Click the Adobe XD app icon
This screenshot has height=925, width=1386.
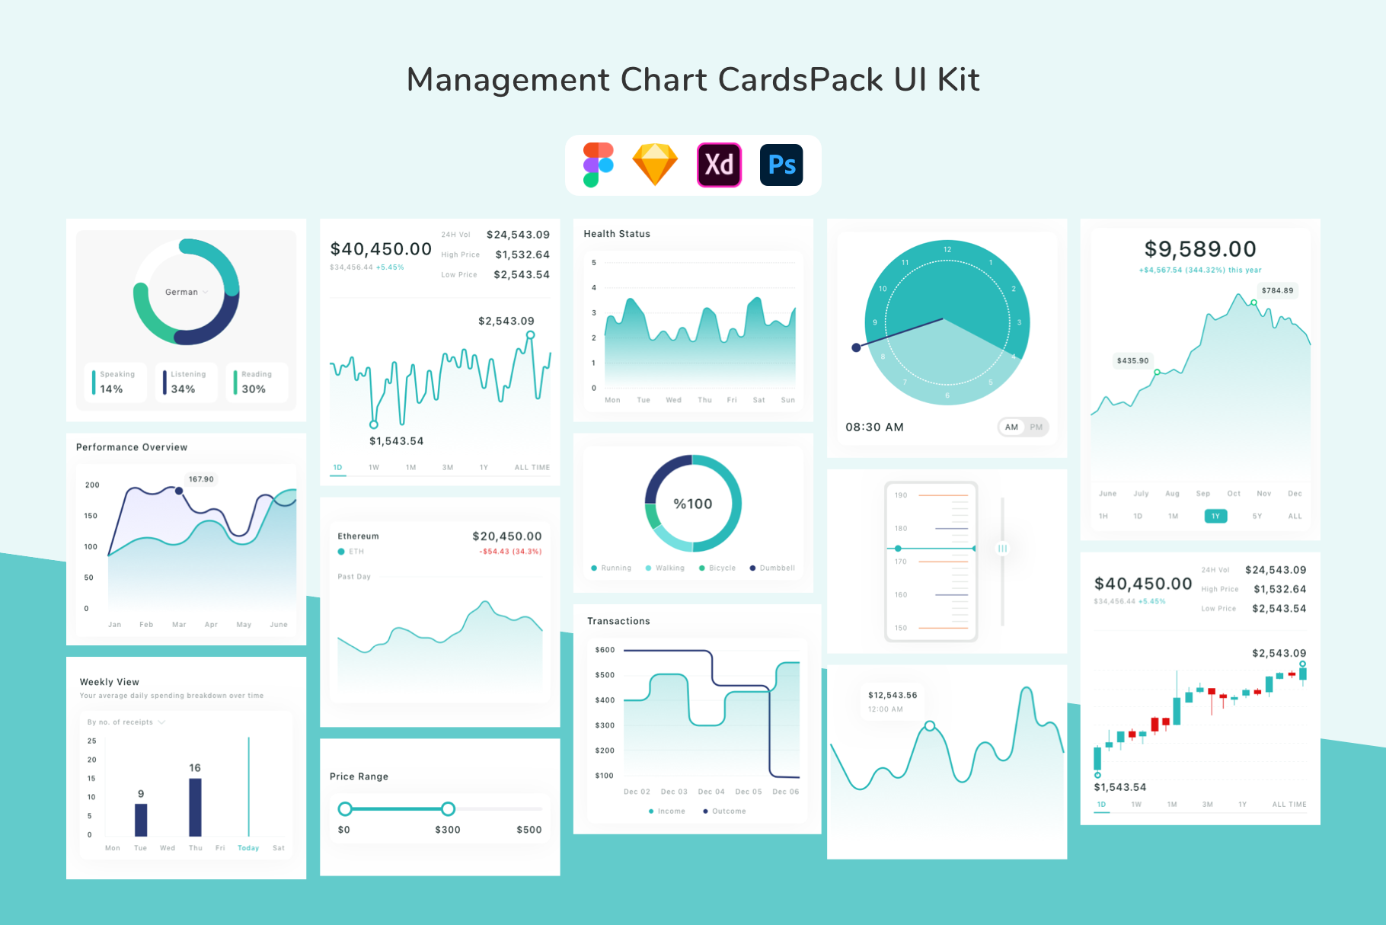coord(719,165)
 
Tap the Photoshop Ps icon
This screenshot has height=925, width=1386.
coord(781,165)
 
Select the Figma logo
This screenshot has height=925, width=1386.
coord(598,165)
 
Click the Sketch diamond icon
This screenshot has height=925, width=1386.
coord(655,165)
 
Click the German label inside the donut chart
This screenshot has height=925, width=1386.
coord(181,292)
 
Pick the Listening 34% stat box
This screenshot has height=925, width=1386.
coord(187,382)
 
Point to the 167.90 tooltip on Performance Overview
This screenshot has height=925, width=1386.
coord(201,479)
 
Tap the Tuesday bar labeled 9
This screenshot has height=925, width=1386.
coord(141,819)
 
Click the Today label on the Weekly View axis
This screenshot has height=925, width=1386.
coord(248,848)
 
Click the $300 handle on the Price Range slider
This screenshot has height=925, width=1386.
coord(449,809)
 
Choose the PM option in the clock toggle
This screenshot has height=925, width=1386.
coord(1036,427)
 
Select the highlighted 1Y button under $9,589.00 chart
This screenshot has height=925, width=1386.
coord(1215,517)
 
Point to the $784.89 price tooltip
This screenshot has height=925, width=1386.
coord(1277,290)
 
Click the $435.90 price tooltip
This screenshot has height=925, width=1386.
coord(1132,360)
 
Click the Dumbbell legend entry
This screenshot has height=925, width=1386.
coord(773,568)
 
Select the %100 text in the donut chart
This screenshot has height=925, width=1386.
coord(693,504)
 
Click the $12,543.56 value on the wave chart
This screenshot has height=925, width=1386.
coord(893,695)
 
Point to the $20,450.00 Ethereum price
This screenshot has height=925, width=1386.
coord(506,536)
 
